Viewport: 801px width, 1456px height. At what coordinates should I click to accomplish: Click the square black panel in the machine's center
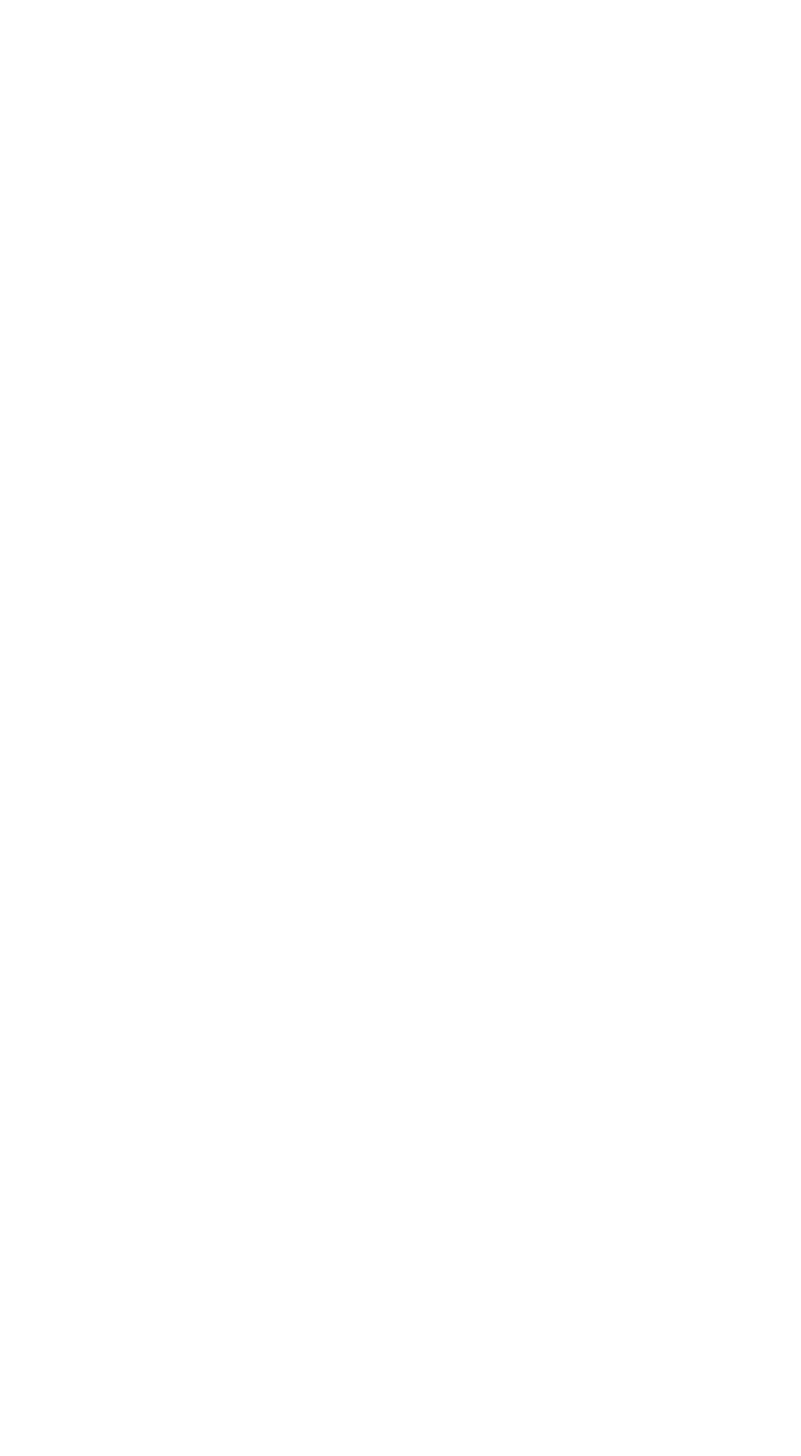pos(422,780)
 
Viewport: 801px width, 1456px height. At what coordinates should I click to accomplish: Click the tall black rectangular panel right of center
pos(497,773)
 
